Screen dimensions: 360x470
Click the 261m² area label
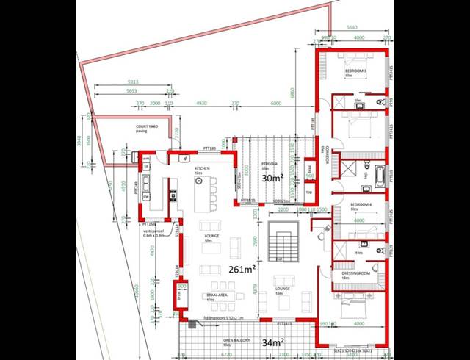(x=241, y=268)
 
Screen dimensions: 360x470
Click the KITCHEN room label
(x=203, y=168)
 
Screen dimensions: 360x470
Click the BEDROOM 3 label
(x=355, y=70)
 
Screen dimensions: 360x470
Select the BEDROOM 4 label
(x=361, y=204)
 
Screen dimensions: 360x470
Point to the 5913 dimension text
(x=132, y=81)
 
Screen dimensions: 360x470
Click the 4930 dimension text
(x=200, y=104)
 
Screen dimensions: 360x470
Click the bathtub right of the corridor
(x=379, y=176)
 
